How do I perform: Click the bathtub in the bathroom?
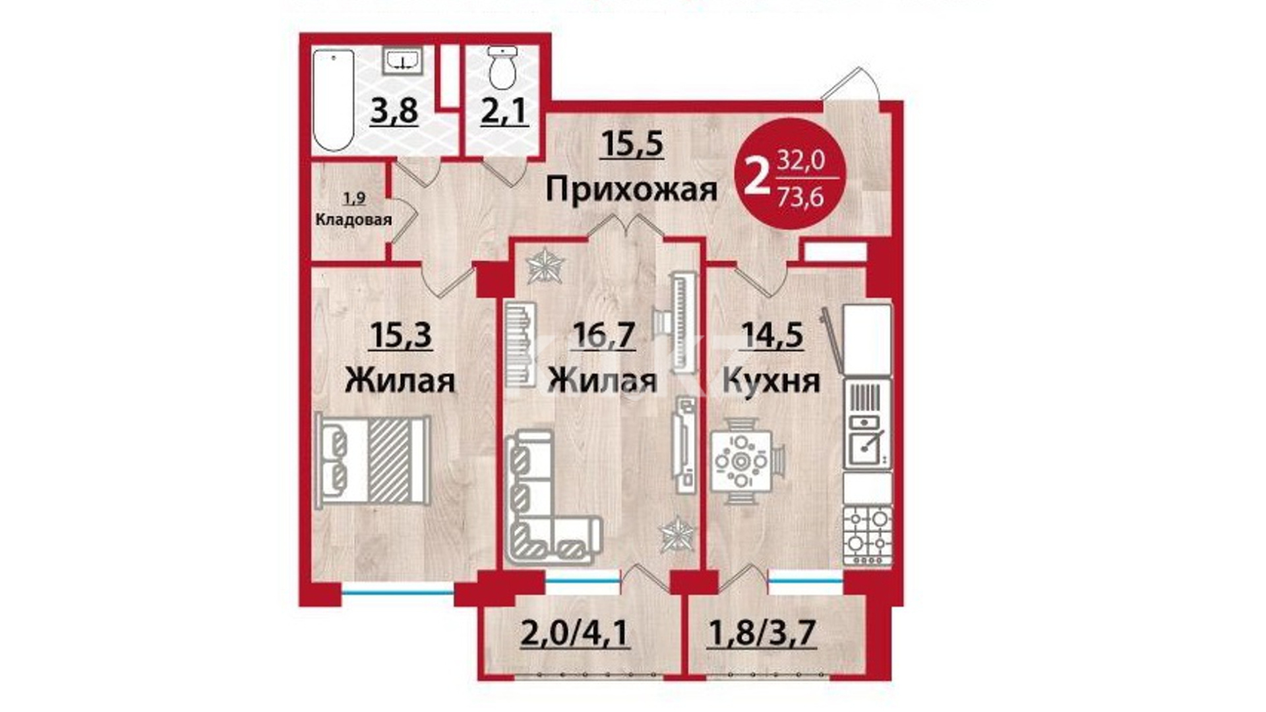tap(334, 100)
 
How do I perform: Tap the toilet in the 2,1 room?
tap(502, 68)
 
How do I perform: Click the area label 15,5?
tap(632, 144)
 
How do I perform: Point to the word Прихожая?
tap(631, 191)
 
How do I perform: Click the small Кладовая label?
tap(353, 220)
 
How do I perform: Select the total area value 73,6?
tap(800, 196)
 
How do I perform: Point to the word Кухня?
tap(771, 380)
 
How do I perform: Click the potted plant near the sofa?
tap(676, 533)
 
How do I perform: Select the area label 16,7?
tap(604, 335)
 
